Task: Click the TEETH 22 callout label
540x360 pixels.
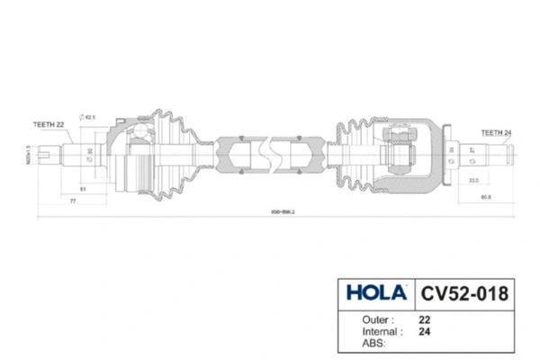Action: click(49, 124)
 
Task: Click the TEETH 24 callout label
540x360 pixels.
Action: click(497, 131)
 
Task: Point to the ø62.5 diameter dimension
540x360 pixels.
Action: click(89, 116)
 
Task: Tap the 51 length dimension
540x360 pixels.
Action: click(83, 189)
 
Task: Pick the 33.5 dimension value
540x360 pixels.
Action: click(473, 180)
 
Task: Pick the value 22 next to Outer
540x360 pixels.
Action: click(424, 319)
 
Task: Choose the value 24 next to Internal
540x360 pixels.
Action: click(424, 330)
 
